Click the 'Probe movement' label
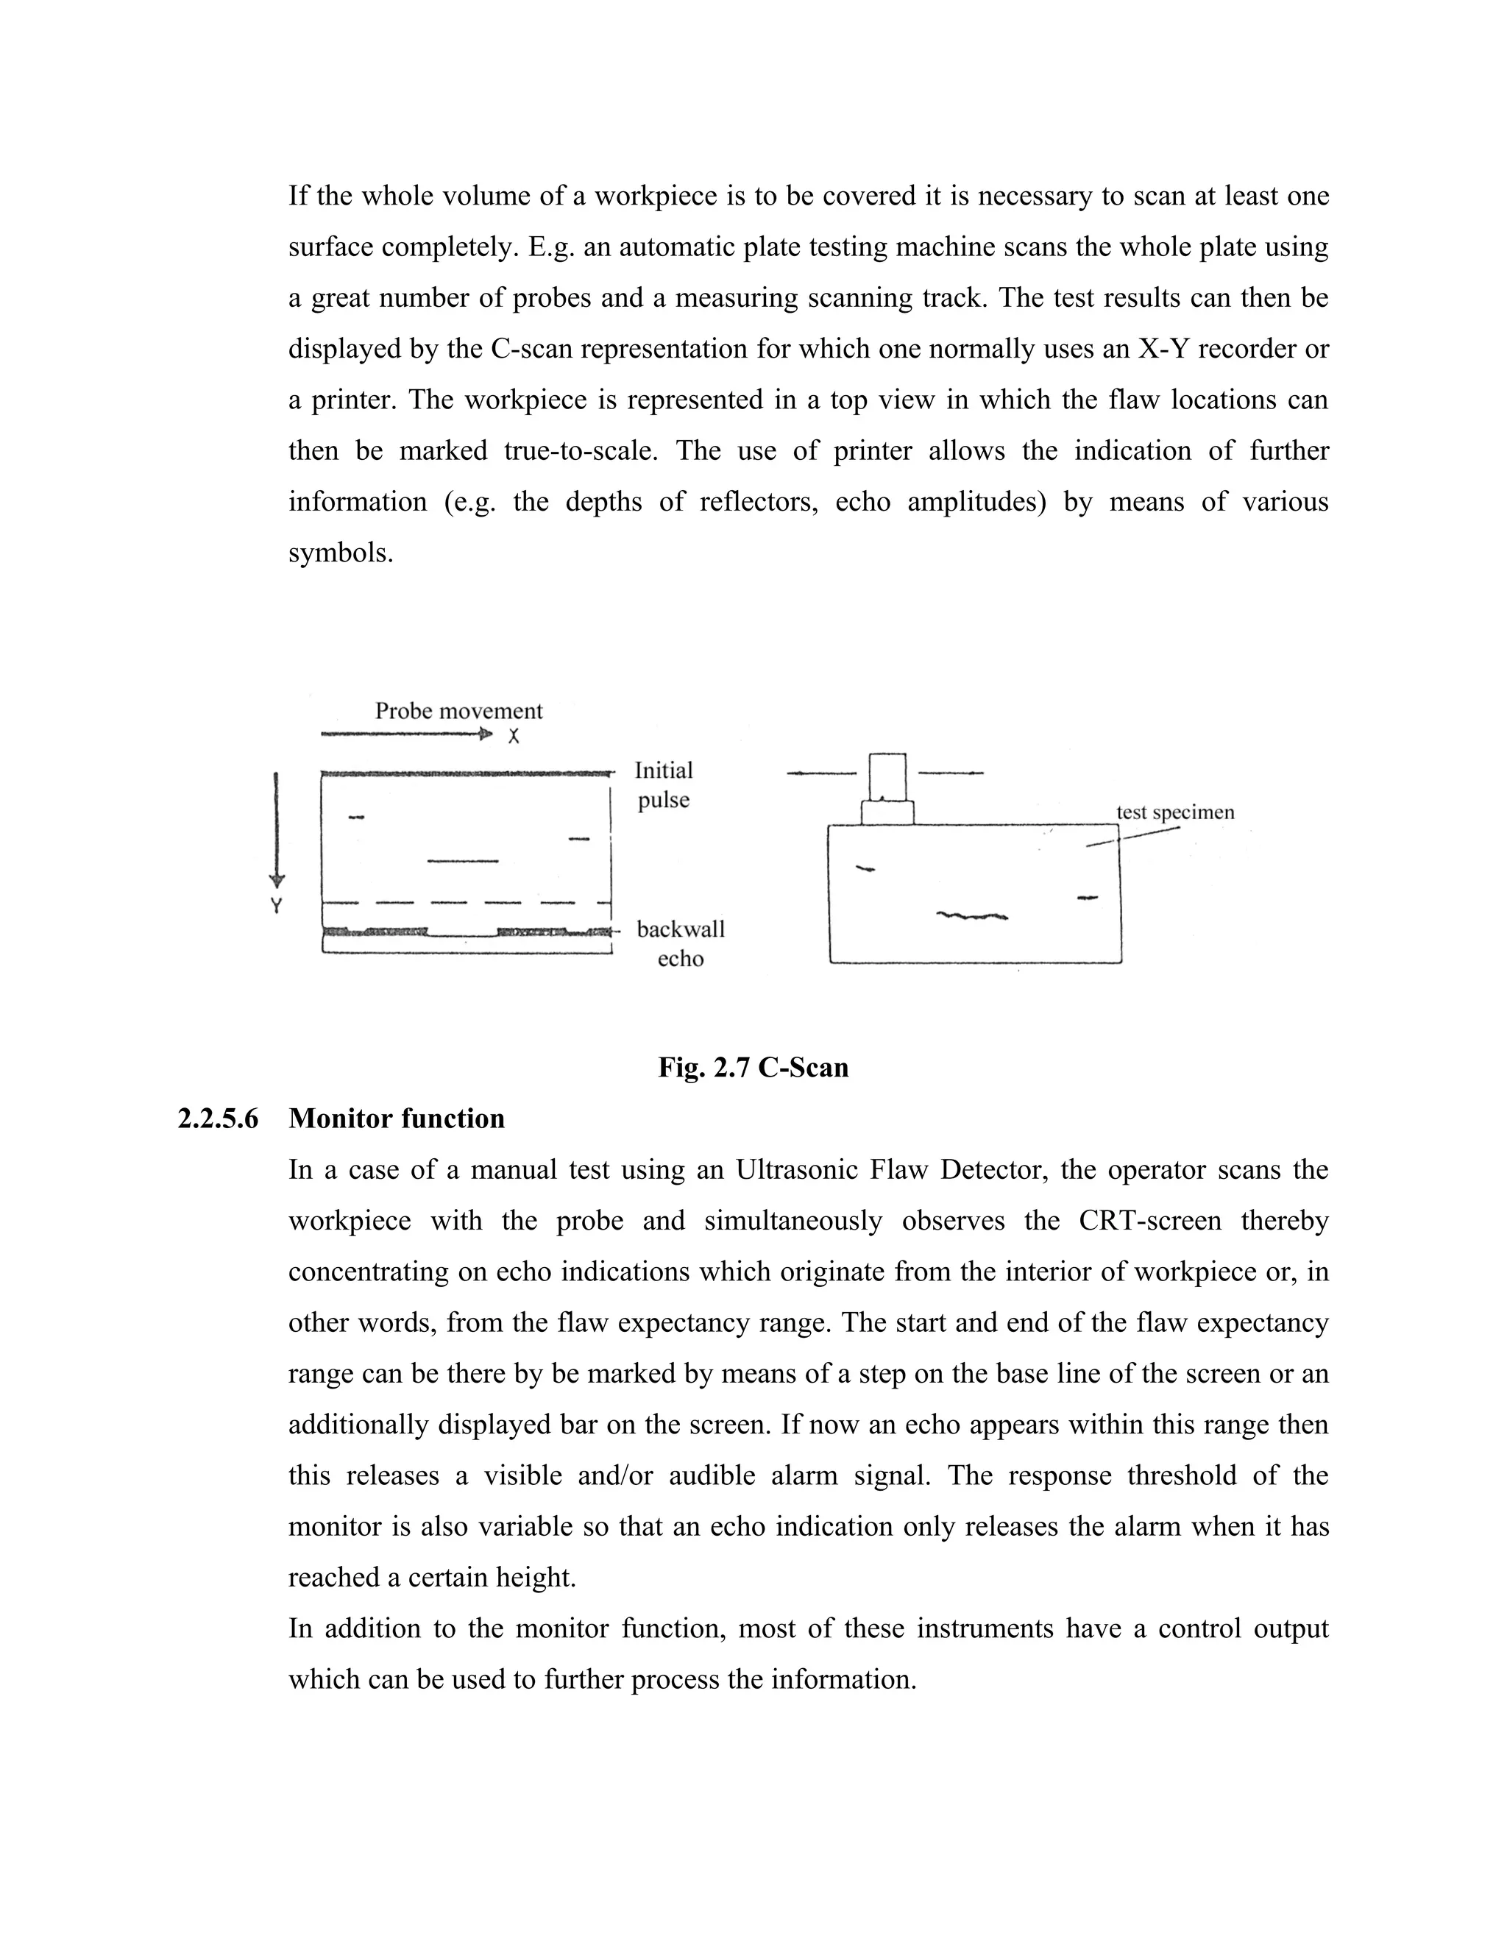(x=458, y=711)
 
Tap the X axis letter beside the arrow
(x=514, y=737)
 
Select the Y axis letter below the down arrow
(x=276, y=907)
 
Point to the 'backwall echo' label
(x=681, y=944)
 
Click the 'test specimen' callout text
(x=1175, y=812)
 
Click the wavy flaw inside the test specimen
(x=972, y=915)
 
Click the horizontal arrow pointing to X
(x=406, y=735)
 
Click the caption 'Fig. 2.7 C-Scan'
(x=753, y=1067)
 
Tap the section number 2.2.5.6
(x=218, y=1118)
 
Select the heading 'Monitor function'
(x=397, y=1118)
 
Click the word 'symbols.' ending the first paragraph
(x=340, y=553)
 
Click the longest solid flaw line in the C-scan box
(x=462, y=861)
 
